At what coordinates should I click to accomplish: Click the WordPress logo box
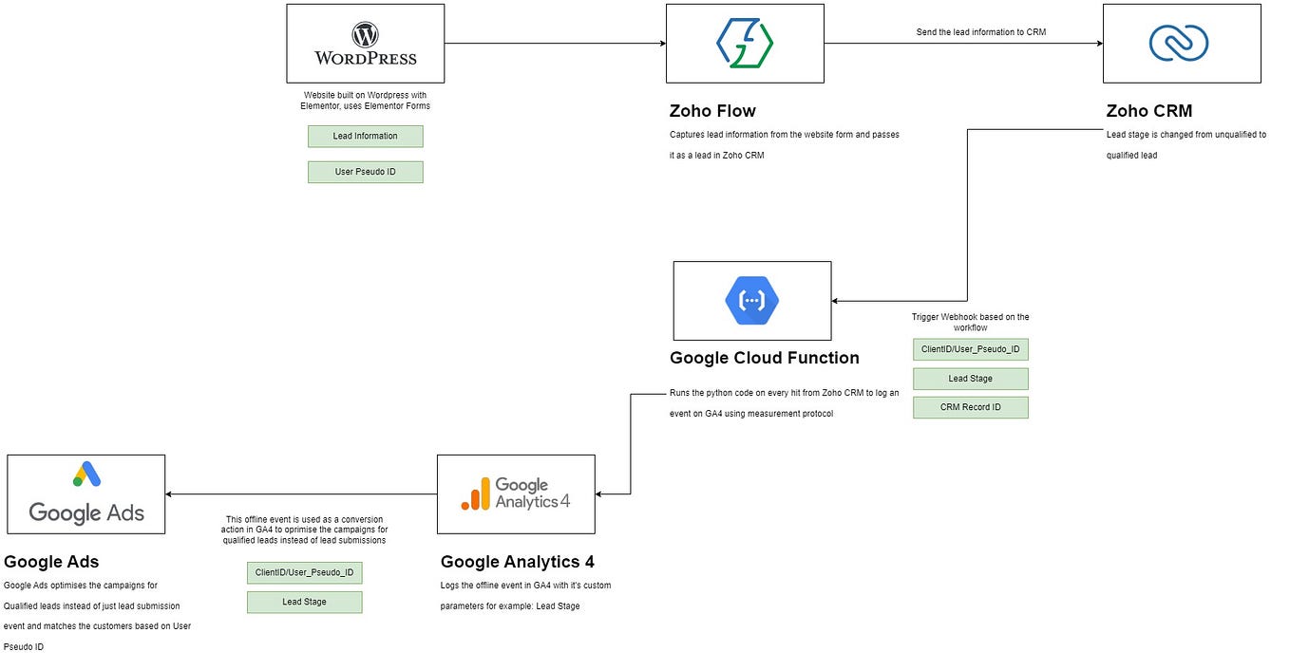click(x=365, y=43)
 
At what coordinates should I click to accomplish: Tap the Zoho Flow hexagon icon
click(x=745, y=43)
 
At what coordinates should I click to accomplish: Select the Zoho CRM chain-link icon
click(x=1178, y=43)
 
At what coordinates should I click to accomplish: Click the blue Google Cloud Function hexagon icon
click(x=751, y=301)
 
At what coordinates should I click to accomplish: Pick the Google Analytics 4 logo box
click(x=516, y=493)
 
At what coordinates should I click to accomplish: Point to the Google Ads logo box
click(x=86, y=493)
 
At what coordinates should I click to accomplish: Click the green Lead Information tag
click(x=365, y=137)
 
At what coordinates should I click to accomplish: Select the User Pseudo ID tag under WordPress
click(x=365, y=172)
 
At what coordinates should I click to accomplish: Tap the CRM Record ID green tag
click(x=970, y=407)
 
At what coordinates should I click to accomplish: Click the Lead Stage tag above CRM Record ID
click(x=970, y=379)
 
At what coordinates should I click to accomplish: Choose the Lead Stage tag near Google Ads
click(x=304, y=602)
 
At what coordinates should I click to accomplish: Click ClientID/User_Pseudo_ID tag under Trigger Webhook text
click(x=970, y=349)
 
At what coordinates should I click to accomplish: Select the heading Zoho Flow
click(x=712, y=111)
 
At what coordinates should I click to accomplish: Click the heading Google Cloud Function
click(x=764, y=358)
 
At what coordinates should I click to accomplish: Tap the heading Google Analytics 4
click(x=517, y=562)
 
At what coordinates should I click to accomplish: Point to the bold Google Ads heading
click(x=51, y=562)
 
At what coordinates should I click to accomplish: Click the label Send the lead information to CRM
click(x=981, y=32)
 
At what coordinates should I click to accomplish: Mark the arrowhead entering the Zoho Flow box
click(x=661, y=43)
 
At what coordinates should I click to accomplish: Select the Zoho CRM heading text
click(x=1148, y=111)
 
